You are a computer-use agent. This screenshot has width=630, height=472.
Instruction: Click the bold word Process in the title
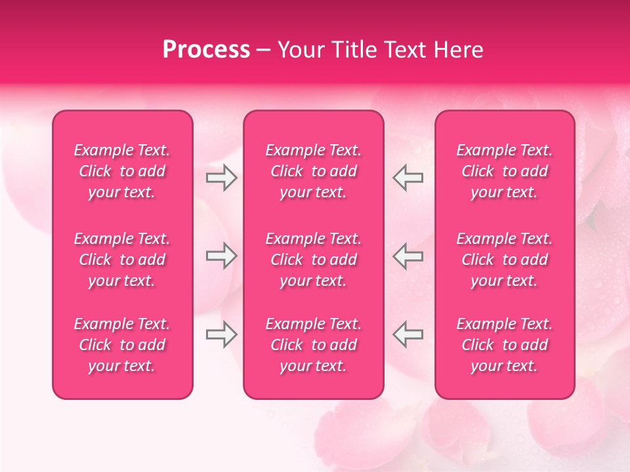point(206,50)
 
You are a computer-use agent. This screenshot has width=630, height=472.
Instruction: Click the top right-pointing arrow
point(221,178)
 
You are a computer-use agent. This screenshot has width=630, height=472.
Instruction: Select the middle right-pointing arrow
point(221,256)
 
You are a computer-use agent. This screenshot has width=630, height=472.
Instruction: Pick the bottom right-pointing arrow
point(221,335)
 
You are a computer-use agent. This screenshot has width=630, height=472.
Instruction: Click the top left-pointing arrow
point(408,178)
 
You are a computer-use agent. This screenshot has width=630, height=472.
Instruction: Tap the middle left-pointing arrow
point(408,256)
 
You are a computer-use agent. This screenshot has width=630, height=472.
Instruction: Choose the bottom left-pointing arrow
point(408,335)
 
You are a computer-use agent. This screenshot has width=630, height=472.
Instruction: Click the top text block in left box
point(122,171)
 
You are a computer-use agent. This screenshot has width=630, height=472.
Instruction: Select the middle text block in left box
point(122,260)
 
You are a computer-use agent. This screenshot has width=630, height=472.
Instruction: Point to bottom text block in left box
point(122,345)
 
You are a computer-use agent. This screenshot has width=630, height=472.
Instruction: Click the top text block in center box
point(313,171)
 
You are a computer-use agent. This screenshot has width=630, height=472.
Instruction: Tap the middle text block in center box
point(313,260)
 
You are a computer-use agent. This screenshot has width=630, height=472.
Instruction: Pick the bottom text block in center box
point(313,345)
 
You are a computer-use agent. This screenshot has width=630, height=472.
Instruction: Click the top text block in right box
point(504,171)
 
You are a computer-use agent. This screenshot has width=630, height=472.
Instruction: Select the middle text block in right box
point(504,260)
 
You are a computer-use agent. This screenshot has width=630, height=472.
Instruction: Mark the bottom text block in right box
point(504,345)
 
